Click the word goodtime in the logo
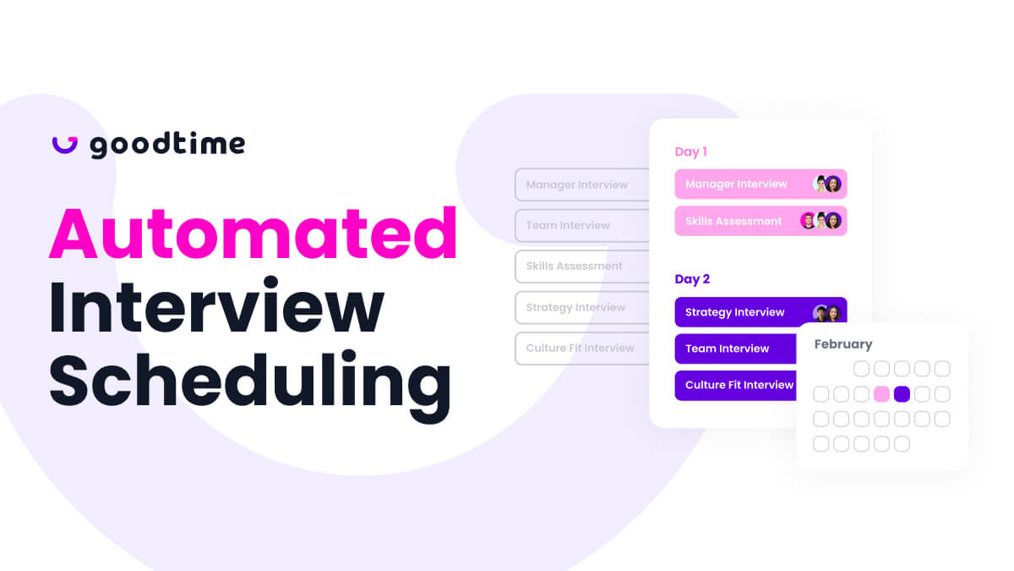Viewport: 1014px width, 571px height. pyautogui.click(x=167, y=145)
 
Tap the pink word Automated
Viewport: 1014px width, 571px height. pyautogui.click(x=253, y=233)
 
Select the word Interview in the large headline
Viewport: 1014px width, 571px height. pyautogui.click(x=216, y=307)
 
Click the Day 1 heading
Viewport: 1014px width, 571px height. pyautogui.click(x=691, y=151)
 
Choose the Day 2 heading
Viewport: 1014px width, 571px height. pyautogui.click(x=692, y=279)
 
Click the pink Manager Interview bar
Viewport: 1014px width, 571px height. pyautogui.click(x=760, y=184)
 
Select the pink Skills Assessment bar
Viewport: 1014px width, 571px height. pyautogui.click(x=760, y=221)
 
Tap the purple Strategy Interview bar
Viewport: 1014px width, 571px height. pyautogui.click(x=760, y=312)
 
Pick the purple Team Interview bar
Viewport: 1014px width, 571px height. pyautogui.click(x=736, y=349)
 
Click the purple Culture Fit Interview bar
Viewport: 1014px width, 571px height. pyautogui.click(x=736, y=385)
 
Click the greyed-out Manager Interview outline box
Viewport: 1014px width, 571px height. pyautogui.click(x=581, y=185)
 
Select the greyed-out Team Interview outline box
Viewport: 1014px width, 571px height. pyautogui.click(x=581, y=225)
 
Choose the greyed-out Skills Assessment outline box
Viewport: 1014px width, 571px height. pyautogui.click(x=581, y=266)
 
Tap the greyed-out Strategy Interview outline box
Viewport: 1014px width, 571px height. pyautogui.click(x=581, y=307)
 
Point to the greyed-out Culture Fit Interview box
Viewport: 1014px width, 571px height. pyautogui.click(x=581, y=348)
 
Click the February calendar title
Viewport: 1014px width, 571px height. pyautogui.click(x=843, y=344)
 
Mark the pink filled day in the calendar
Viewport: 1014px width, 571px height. pyautogui.click(x=881, y=394)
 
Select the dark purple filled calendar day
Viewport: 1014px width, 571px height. pyautogui.click(x=902, y=394)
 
